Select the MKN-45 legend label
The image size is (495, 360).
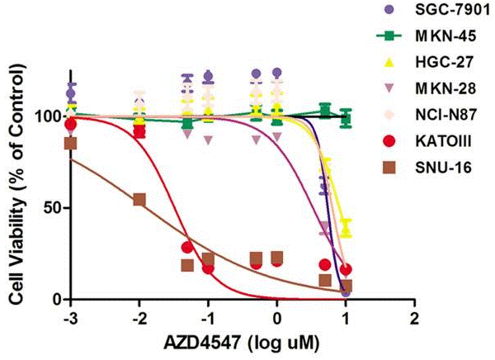click(x=446, y=36)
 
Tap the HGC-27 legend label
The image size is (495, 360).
click(x=445, y=62)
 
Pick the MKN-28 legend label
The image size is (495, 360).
click(x=446, y=88)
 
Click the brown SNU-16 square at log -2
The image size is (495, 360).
click(x=139, y=200)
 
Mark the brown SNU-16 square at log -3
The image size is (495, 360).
click(x=70, y=143)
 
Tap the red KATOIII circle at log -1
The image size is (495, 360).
click(x=208, y=268)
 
